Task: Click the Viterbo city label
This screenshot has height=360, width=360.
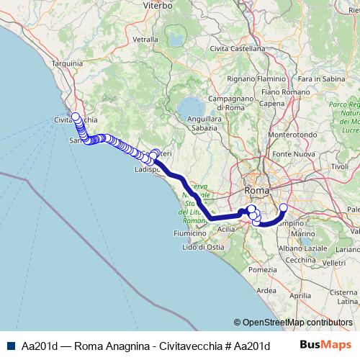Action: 158,5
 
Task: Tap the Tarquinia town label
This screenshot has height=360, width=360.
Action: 68,63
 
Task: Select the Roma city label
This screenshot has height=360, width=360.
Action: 257,190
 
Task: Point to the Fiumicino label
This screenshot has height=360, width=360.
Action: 191,234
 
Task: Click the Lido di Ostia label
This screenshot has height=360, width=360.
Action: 204,247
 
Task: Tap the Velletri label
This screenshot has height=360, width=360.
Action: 336,263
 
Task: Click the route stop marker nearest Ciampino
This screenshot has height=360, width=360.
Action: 283,208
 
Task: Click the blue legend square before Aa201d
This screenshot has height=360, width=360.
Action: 9,345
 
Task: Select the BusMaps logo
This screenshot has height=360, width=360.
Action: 328,345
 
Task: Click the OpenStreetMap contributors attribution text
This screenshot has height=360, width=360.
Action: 296,322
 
